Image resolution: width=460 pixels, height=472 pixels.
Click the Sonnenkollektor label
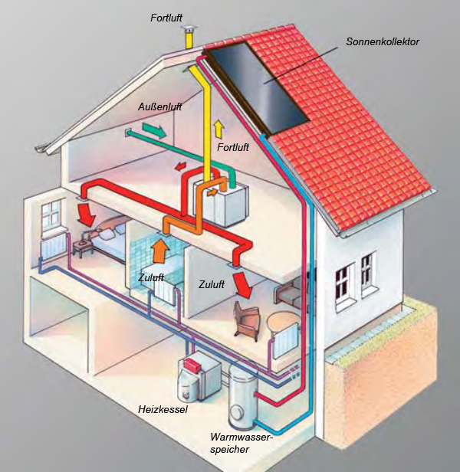[x=383, y=41]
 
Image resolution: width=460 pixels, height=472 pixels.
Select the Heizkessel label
[x=163, y=409]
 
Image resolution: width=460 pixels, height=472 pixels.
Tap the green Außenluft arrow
[x=154, y=129]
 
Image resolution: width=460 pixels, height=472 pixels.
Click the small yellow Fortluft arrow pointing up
[x=219, y=129]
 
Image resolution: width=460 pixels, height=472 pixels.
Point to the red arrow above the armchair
[x=243, y=285]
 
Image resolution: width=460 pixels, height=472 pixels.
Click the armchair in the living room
[x=247, y=320]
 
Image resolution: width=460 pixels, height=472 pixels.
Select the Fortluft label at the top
[x=166, y=18]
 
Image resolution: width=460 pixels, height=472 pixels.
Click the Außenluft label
[x=160, y=107]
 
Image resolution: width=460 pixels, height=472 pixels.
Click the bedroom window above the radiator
[x=51, y=215]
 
